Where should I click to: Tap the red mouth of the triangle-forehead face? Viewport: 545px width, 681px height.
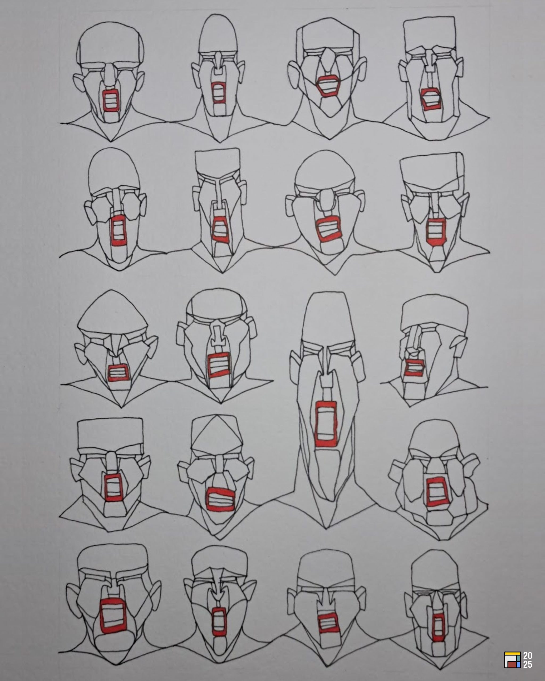221,499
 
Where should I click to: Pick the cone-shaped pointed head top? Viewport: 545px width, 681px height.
112,313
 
